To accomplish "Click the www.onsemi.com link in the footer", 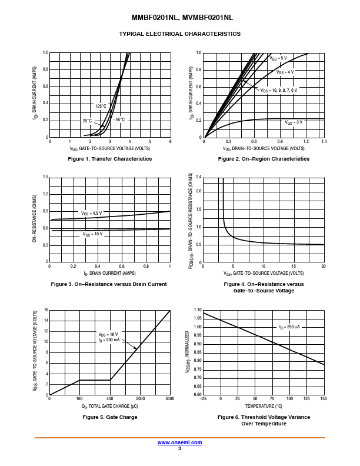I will [x=179, y=442].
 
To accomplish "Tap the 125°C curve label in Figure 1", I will [x=101, y=106].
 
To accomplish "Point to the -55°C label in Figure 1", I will [x=119, y=119].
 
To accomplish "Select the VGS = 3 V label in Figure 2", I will [x=294, y=122].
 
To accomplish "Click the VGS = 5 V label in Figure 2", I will [x=278, y=58].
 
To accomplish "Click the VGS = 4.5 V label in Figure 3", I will [x=91, y=213].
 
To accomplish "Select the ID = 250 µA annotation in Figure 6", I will [x=289, y=327].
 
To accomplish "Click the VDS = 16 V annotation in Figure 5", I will [x=109, y=334].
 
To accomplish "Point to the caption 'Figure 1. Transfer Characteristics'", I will [x=110, y=159].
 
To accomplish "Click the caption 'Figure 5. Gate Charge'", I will [x=110, y=417].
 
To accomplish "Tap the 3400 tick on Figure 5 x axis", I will [x=169, y=399].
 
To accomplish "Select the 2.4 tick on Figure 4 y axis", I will [x=199, y=177].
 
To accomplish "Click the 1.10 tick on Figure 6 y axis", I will [x=198, y=310].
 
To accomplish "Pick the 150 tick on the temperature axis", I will [x=324, y=399].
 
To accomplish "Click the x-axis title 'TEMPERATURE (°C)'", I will [x=263, y=406].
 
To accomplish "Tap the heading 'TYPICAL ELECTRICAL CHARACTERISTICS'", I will [x=180, y=34].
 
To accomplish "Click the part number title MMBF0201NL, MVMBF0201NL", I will [x=180, y=18].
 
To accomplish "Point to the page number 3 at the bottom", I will [x=179, y=448].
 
